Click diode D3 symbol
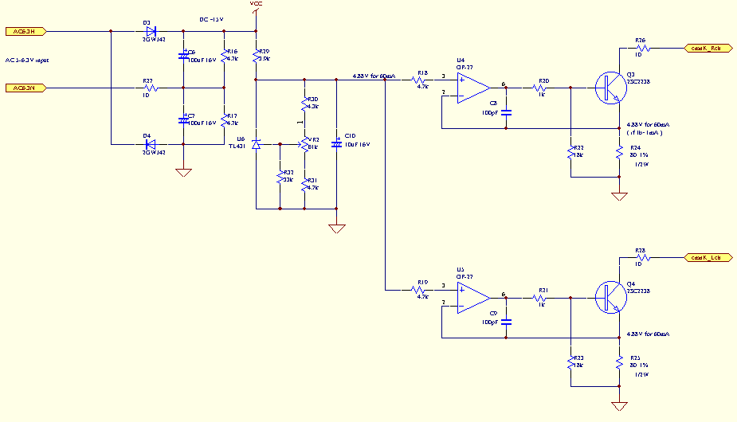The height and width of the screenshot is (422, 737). (x=151, y=32)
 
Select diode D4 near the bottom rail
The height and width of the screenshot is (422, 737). (x=151, y=144)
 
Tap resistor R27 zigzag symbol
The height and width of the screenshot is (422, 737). (x=147, y=88)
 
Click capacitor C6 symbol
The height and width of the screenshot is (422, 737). (x=184, y=57)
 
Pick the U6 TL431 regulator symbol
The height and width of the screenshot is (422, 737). (x=256, y=144)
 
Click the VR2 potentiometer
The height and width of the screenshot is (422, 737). (x=305, y=144)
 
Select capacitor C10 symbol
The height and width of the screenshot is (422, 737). (x=337, y=144)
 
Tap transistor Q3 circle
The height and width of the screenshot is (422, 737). (x=610, y=87)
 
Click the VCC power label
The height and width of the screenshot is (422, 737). (x=256, y=5)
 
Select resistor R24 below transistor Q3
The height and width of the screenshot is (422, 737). (x=619, y=153)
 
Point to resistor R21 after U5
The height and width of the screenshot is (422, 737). (x=543, y=298)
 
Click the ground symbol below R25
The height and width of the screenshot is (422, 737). (x=619, y=404)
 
